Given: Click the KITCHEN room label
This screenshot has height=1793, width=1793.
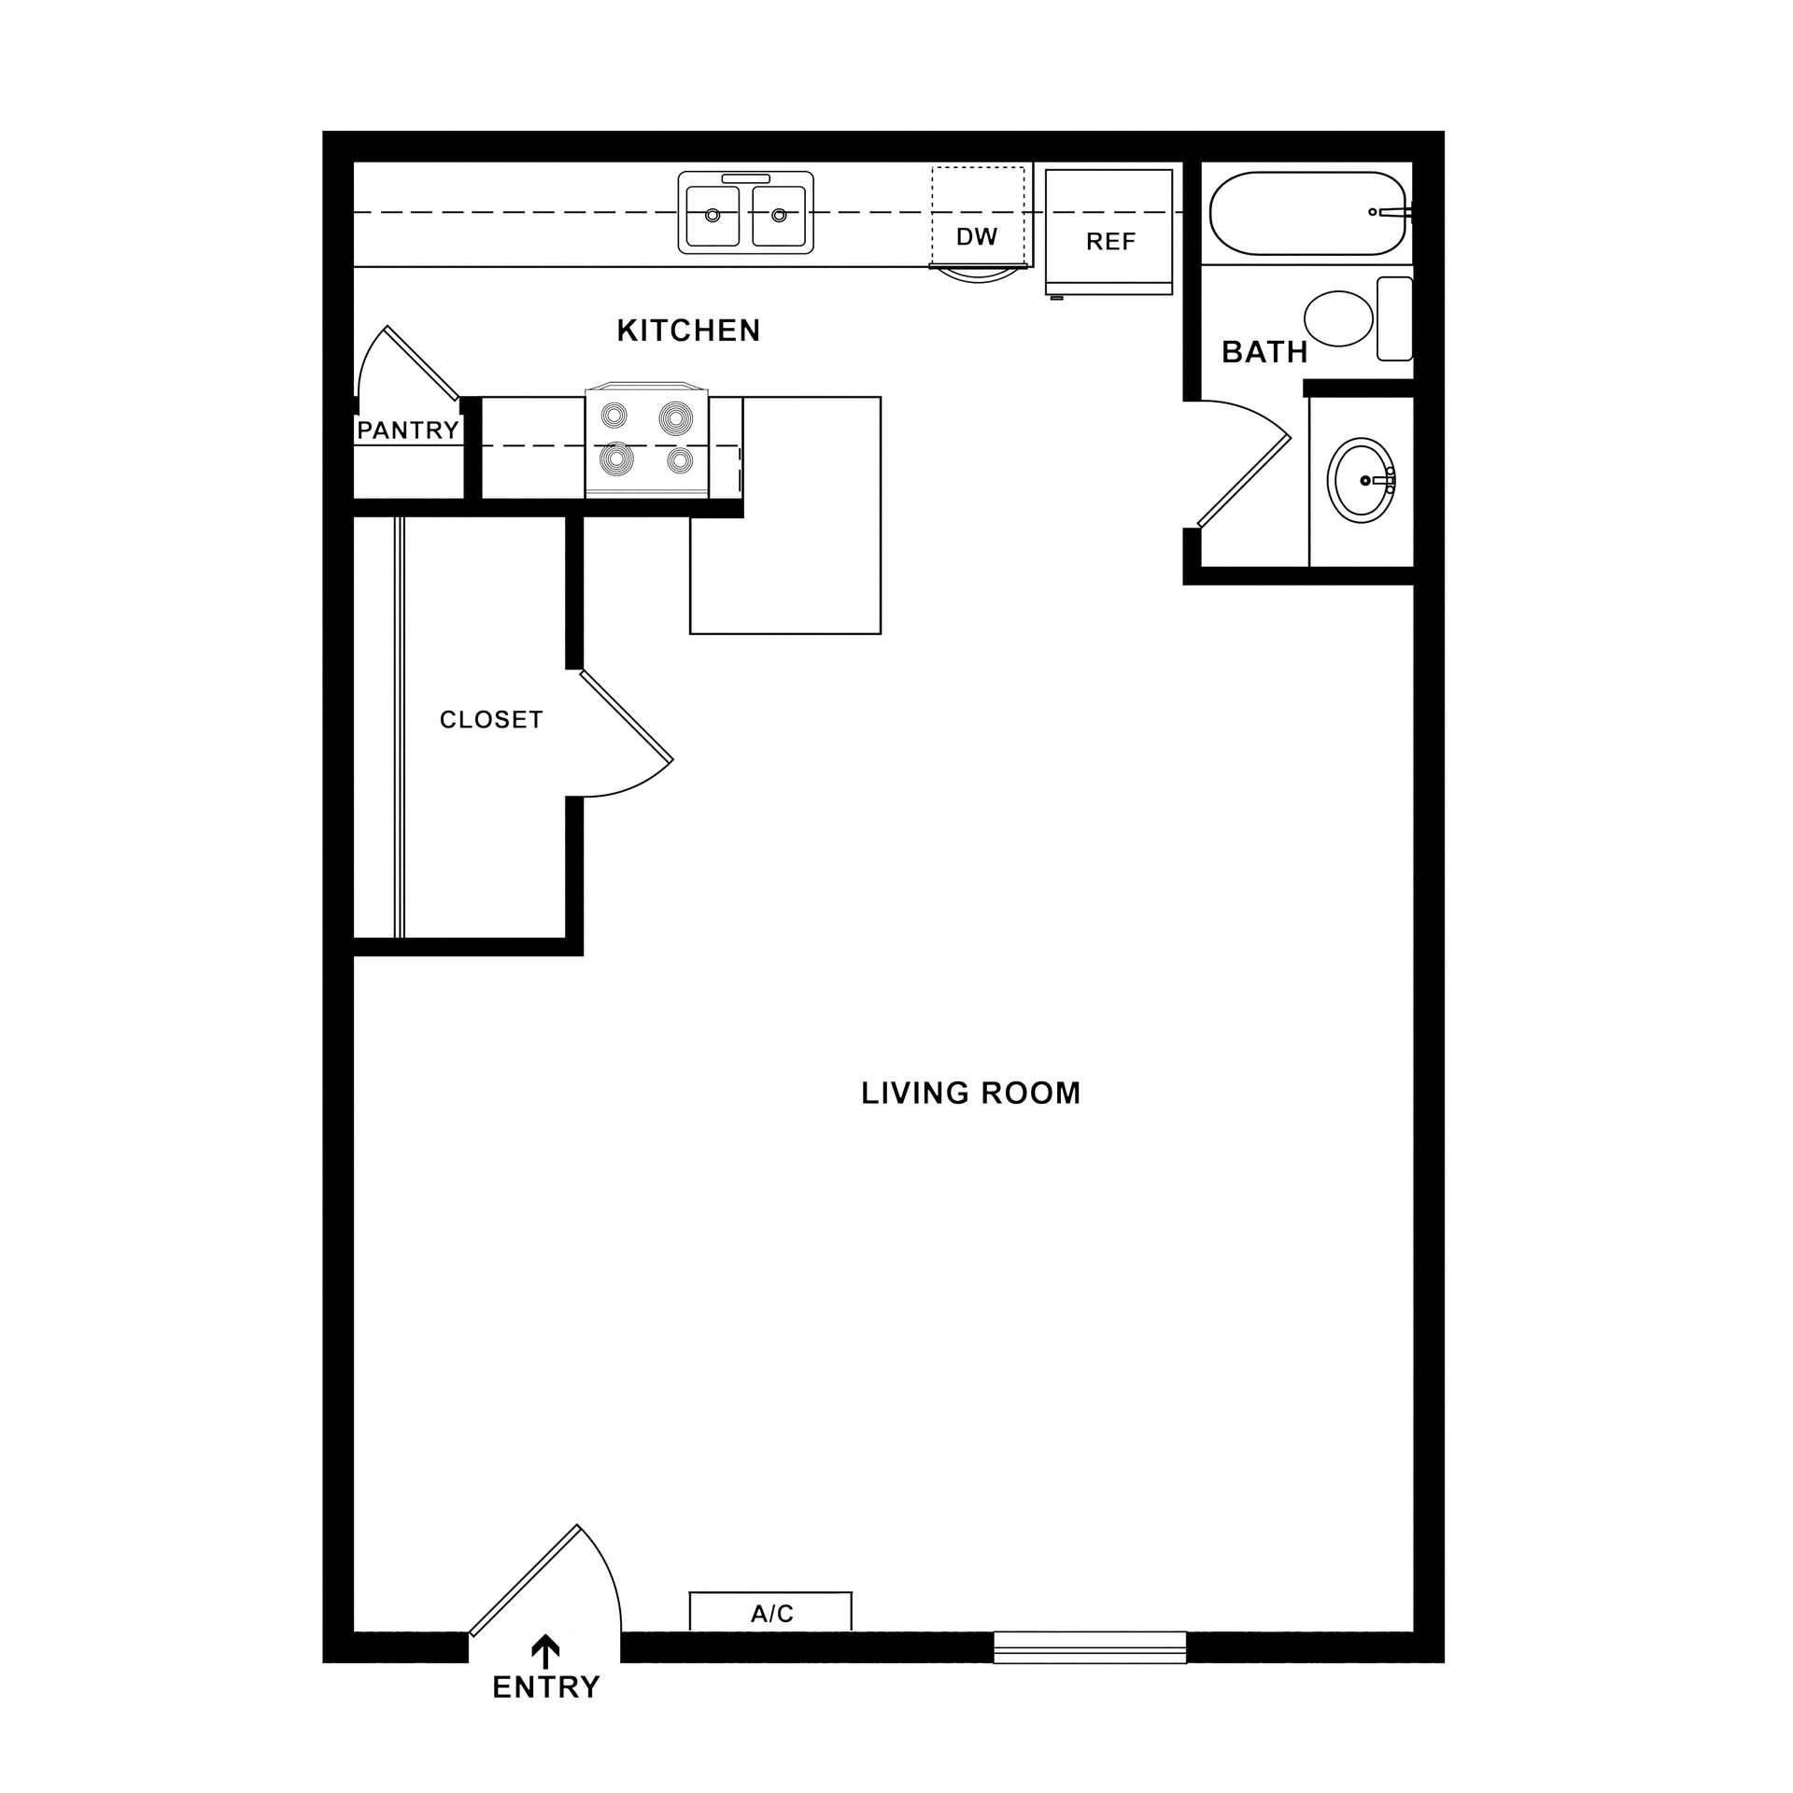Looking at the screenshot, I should tap(688, 331).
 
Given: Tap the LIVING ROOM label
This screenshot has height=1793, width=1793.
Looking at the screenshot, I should tap(970, 1094).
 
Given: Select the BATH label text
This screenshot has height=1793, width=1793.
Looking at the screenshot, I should tap(1264, 352).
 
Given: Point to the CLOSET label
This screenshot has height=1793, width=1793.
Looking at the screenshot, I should tap(491, 720).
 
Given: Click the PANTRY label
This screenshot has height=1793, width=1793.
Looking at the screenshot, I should tap(408, 431).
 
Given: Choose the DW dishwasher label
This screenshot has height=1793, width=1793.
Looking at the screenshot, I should tap(977, 237).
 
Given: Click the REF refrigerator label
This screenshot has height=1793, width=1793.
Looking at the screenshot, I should tap(1110, 243).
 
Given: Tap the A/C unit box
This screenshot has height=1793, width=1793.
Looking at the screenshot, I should tap(770, 1613).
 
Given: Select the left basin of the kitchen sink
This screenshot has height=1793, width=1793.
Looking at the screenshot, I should tap(713, 216).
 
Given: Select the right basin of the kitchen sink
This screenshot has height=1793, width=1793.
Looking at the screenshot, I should tap(778, 216).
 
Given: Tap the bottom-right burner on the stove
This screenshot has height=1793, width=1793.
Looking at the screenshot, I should tap(680, 459).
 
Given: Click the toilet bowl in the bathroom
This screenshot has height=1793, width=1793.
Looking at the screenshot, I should tap(1338, 318).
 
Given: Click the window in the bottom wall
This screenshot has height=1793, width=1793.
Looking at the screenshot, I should tap(1089, 1647).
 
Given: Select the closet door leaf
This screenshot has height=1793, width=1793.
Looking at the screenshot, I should tap(626, 715).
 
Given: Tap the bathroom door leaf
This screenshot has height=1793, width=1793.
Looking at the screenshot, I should tap(1244, 480).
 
